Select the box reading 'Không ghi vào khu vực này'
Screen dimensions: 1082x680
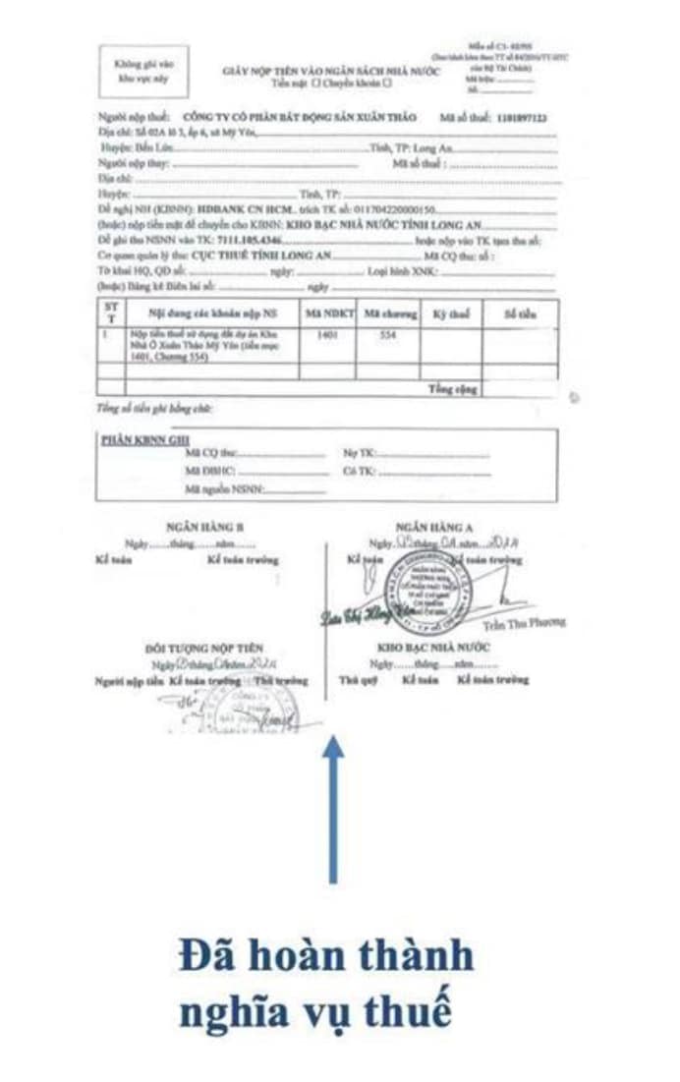point(139,69)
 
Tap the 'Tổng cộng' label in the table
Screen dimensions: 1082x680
point(452,388)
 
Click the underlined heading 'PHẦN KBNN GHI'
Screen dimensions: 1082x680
point(144,439)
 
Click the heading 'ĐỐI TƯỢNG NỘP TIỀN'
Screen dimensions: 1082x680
point(204,649)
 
